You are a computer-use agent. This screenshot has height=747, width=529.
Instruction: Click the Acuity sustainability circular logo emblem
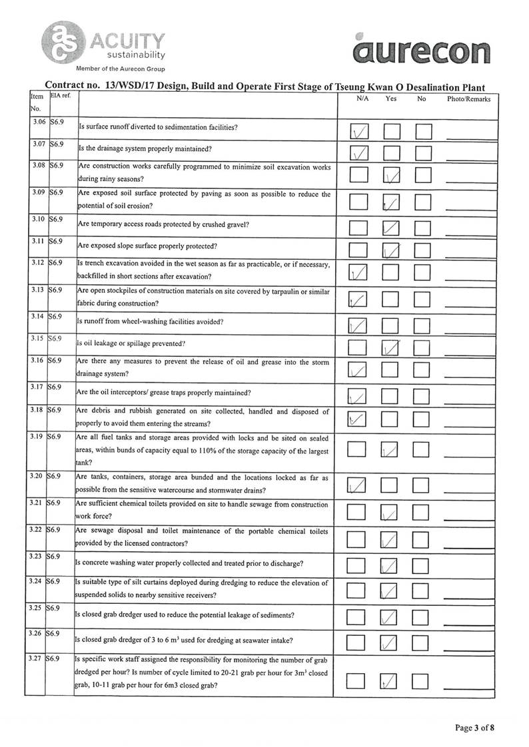[x=61, y=42]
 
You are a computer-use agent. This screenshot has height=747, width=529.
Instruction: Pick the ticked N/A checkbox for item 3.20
[x=358, y=486]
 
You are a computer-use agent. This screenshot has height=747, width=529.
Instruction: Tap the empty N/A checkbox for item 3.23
[x=358, y=565]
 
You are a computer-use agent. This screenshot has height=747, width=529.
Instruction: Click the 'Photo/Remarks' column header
[x=468, y=99]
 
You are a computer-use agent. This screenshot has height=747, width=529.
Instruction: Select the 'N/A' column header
[x=362, y=99]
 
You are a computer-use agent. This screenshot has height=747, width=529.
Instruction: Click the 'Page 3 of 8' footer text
[x=474, y=728]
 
